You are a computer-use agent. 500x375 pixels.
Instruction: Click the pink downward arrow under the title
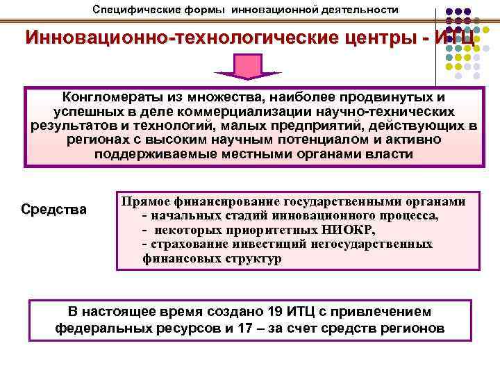tap(247, 67)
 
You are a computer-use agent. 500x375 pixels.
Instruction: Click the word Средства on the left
tap(54, 209)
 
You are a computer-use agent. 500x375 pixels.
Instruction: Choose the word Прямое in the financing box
tap(146, 201)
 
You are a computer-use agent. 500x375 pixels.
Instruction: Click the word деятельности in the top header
tap(361, 9)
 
